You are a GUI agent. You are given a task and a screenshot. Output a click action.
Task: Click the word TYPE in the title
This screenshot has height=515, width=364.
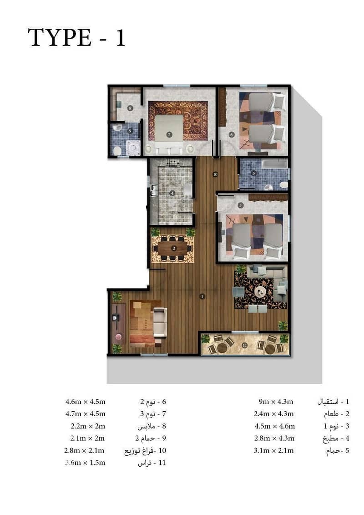pos(60,37)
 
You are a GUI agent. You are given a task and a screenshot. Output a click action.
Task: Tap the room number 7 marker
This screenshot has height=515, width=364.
pos(169,134)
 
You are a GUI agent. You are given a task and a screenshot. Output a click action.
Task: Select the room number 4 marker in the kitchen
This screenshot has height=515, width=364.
pos(172,194)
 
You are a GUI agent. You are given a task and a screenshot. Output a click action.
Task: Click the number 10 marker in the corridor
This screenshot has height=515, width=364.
pos(215,174)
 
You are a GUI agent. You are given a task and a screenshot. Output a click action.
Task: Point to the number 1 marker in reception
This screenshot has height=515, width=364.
pos(202,296)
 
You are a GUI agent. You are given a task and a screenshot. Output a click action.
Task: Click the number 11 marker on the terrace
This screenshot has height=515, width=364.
pos(244,345)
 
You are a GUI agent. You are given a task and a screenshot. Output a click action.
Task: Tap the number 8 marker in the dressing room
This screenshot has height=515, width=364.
pos(130,108)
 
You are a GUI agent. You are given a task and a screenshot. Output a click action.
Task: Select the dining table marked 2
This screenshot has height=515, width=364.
pos(174,248)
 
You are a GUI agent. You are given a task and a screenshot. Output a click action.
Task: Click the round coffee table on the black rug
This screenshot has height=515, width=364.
pos(261,291)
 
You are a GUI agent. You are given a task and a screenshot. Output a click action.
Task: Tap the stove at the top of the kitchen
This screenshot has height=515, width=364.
pos(172,162)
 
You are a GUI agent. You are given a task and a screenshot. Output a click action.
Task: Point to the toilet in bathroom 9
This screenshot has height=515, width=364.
pos(116,151)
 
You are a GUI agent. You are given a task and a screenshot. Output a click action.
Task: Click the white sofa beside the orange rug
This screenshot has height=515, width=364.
pos(160,322)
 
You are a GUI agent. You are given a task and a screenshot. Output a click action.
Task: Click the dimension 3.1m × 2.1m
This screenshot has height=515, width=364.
pos(274,451)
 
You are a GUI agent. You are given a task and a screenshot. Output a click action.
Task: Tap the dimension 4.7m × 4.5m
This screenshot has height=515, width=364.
pos(86,414)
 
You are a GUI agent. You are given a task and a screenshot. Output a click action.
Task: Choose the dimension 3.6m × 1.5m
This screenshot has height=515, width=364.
pos(86,463)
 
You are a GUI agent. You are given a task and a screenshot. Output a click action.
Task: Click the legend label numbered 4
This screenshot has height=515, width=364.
pos(336,439)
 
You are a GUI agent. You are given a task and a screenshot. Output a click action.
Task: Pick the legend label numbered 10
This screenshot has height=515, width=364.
pos(146,451)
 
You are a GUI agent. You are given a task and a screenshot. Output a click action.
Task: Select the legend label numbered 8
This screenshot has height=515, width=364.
pos(152,426)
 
